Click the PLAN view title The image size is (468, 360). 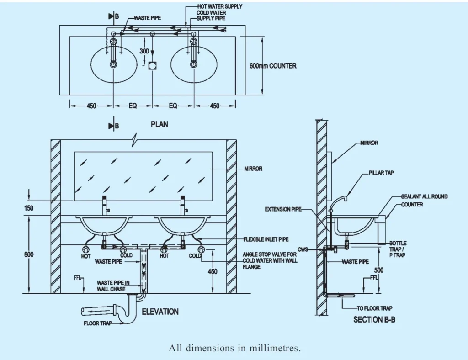[x=159, y=124]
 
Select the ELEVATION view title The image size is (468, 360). [x=160, y=312]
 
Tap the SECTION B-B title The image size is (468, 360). [x=374, y=320]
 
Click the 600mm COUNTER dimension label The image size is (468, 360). [x=272, y=66]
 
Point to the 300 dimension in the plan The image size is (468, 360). [x=144, y=52]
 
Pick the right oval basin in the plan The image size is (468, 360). [x=193, y=64]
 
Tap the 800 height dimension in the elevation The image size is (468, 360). [x=29, y=254]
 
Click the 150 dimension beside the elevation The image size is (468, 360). [x=29, y=208]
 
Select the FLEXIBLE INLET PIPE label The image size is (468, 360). [x=266, y=239]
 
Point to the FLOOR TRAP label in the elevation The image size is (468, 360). [x=97, y=323]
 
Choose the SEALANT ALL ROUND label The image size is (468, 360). [x=424, y=196]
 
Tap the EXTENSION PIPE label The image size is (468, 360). [x=283, y=209]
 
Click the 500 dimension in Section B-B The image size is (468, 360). [x=379, y=270]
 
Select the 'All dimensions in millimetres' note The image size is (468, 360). [x=234, y=348]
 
